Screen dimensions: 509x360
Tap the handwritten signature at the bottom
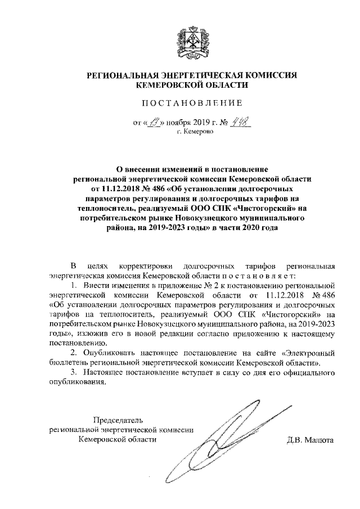tap(225, 439)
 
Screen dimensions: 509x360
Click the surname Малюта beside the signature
tap(318, 440)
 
